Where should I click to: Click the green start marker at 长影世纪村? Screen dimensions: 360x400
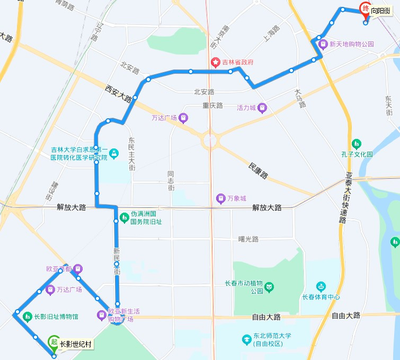tap(54, 343)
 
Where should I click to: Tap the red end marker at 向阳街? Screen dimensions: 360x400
tap(365, 8)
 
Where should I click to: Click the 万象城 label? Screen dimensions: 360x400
tap(237, 199)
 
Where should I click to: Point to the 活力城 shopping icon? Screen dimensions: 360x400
tap(262, 108)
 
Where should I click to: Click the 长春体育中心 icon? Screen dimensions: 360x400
tap(321, 287)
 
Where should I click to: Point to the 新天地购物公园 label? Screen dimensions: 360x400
tap(352, 45)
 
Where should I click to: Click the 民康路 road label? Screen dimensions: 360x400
tap(258, 169)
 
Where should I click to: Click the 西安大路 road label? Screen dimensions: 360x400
tap(118, 95)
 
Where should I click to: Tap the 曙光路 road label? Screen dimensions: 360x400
tap(248, 240)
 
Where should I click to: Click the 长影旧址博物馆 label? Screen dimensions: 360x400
tap(56, 317)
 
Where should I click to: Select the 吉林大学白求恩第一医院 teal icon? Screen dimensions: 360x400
tap(114, 154)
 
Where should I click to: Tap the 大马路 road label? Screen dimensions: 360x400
tap(300, 99)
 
